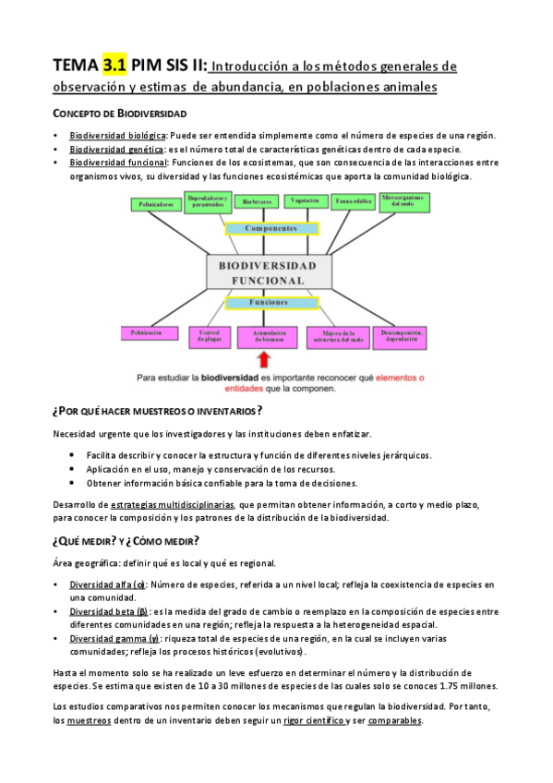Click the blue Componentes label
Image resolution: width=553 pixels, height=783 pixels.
[x=273, y=227]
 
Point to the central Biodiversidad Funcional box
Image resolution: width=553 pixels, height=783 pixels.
[x=273, y=272]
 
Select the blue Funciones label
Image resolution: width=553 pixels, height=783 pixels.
[x=273, y=302]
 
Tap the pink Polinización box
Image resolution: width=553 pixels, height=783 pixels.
[x=148, y=332]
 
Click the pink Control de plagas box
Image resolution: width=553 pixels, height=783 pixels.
[x=209, y=336]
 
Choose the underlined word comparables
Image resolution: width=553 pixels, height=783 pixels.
[x=395, y=720]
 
